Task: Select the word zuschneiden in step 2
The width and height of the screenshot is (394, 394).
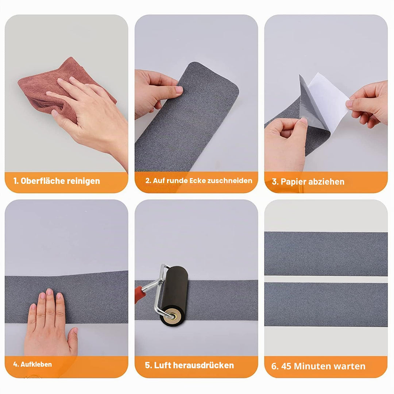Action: pos(230,181)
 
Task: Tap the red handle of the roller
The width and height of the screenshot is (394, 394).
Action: pos(139,294)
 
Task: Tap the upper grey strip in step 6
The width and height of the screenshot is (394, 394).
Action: pos(326,254)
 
